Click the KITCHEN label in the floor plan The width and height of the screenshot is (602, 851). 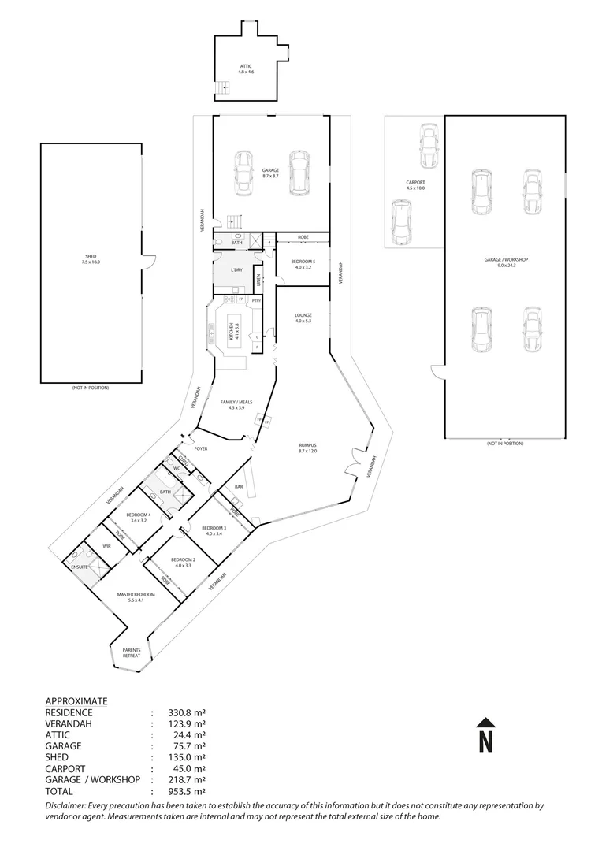coord(231,332)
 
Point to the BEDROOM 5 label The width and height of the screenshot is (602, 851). coord(303,261)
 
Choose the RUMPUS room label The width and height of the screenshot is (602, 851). coord(307,445)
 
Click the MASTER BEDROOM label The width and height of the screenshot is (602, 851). coord(136,595)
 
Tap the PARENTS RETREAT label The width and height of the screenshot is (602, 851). coord(131,652)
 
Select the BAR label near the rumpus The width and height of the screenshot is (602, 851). coord(238,486)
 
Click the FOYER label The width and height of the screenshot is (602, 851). coord(201,448)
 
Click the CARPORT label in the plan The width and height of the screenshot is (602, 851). coord(415,183)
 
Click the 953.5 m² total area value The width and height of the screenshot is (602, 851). coord(188,791)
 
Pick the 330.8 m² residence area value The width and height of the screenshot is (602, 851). coord(188,712)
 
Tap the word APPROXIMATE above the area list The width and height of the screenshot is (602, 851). coord(76,700)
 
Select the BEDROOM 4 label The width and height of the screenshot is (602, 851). coord(139,515)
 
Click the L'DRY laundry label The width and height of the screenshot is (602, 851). coord(236,270)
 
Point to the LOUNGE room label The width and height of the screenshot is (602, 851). coord(303,315)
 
